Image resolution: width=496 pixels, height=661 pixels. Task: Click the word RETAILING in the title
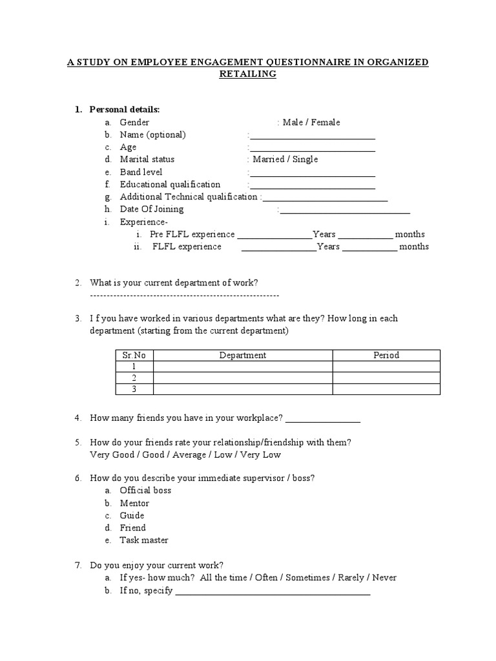coord(249,74)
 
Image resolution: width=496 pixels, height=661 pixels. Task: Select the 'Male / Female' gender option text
coord(311,123)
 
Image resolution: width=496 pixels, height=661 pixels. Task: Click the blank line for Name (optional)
coord(312,136)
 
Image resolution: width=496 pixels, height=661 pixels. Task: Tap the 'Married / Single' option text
coord(285,159)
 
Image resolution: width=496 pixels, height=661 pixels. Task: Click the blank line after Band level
coord(312,173)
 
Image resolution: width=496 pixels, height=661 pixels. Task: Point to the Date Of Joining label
coord(151,209)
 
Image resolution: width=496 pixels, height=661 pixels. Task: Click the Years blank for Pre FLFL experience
coord(274,235)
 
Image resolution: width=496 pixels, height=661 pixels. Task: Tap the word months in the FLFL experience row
coord(413,247)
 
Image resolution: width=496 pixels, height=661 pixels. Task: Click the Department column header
coord(242,355)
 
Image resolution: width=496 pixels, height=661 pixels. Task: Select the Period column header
coord(386,355)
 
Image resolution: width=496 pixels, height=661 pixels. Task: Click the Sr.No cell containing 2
coord(134,378)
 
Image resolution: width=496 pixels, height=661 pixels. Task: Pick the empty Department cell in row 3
coord(242,389)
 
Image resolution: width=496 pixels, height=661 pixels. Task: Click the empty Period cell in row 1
coord(386,367)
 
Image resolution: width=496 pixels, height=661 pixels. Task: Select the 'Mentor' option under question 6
coord(134,503)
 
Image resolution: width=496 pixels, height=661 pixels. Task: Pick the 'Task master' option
coord(143,540)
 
